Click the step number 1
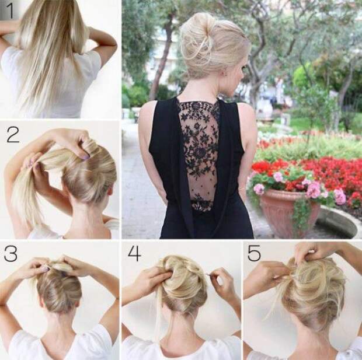click(9, 10)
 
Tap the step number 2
click(13, 135)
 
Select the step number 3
click(10, 254)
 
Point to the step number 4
click(134, 253)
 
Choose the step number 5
click(254, 253)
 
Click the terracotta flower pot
click(290, 213)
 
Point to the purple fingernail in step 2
click(86, 157)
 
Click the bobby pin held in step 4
click(210, 275)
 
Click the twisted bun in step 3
click(59, 288)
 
